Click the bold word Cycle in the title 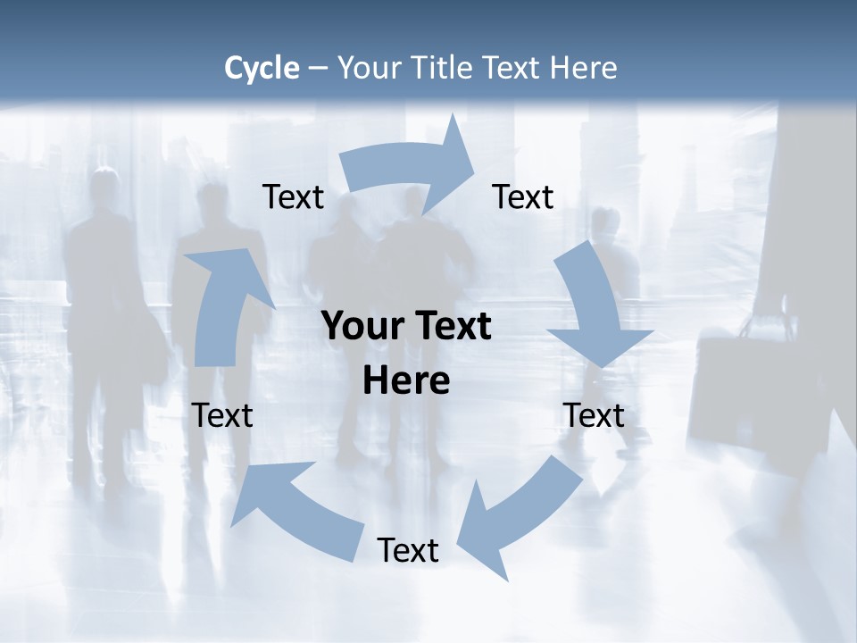point(262,68)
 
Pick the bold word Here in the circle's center point(406,381)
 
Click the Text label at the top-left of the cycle point(293,197)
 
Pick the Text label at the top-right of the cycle point(523,197)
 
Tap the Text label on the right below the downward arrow point(594,416)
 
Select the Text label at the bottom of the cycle point(408,551)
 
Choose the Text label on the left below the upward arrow point(222,416)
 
